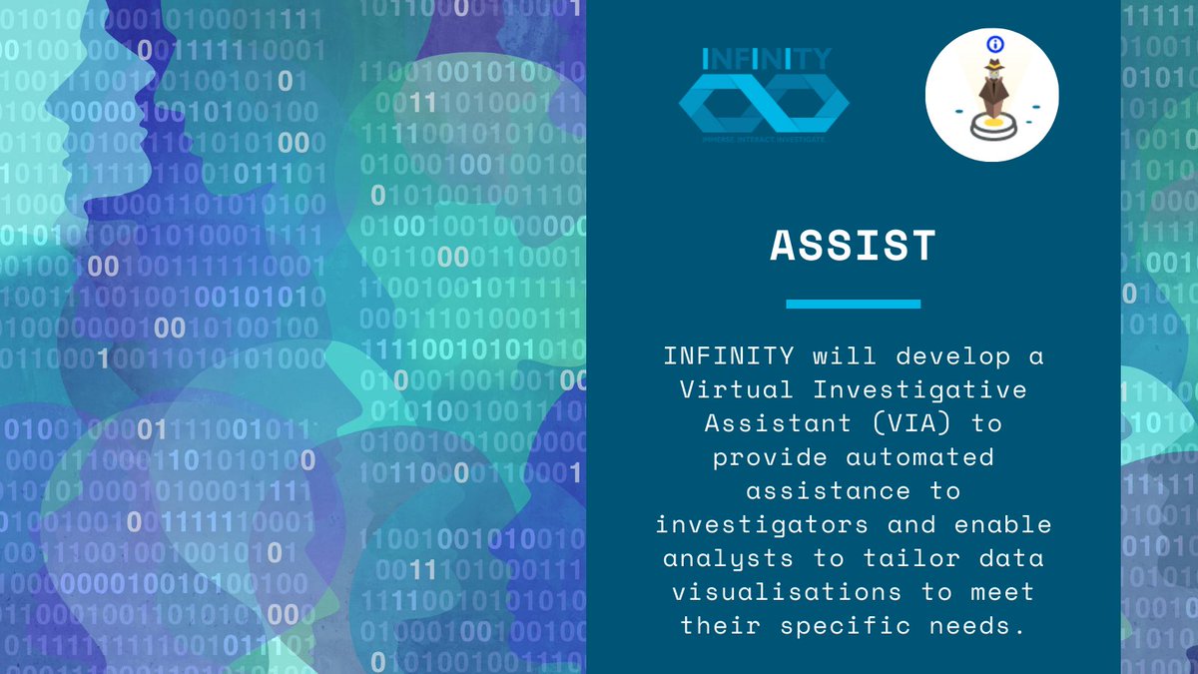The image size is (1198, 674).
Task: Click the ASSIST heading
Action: [854, 246]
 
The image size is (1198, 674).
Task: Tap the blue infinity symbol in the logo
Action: [765, 105]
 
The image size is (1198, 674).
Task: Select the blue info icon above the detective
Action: [993, 44]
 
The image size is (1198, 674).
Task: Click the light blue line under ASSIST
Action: [854, 304]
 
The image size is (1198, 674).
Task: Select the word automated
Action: [920, 456]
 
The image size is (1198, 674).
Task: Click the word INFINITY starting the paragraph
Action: [728, 355]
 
